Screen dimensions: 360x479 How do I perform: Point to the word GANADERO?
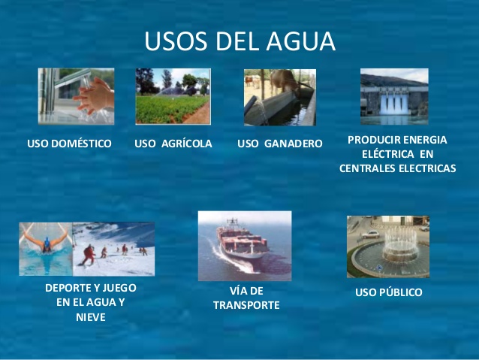[294, 143]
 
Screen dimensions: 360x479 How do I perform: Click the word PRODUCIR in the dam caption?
[372, 140]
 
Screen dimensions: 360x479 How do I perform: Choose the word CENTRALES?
[369, 168]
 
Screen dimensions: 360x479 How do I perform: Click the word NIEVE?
[90, 316]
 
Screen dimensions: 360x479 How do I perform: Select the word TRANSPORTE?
[246, 305]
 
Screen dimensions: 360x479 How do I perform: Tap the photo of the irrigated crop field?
[173, 96]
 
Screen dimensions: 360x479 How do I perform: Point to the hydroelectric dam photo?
[394, 96]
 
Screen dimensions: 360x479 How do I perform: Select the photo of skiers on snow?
[113, 249]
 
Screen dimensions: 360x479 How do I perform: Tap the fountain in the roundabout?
[394, 248]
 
